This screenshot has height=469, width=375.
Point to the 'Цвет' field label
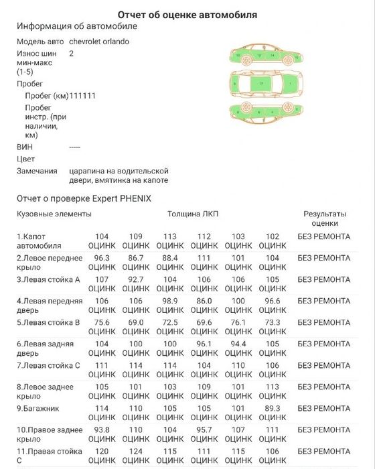pyautogui.click(x=25, y=159)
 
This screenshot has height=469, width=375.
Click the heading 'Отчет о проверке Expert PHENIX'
pyautogui.click(x=84, y=198)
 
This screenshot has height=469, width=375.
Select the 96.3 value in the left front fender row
pyautogui.click(x=102, y=257)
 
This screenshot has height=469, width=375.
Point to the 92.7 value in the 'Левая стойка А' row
pyautogui.click(x=136, y=279)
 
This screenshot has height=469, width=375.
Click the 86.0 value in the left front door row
pyautogui.click(x=204, y=301)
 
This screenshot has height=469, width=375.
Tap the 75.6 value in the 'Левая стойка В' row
pyautogui.click(x=102, y=322)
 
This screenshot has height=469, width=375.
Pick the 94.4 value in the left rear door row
pyautogui.click(x=238, y=344)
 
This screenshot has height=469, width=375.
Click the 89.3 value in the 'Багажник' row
pyautogui.click(x=273, y=408)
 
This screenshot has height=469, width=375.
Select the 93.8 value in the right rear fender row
pyautogui.click(x=102, y=429)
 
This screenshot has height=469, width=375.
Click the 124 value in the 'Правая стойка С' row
pyautogui.click(x=136, y=451)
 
